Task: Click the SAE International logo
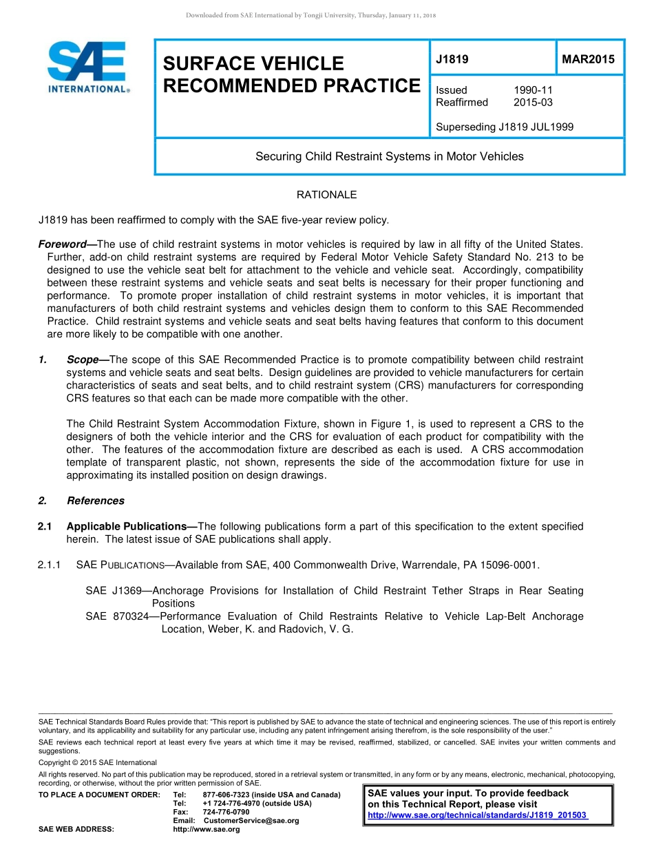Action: (x=87, y=67)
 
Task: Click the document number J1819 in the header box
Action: (x=452, y=59)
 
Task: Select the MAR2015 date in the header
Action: (x=588, y=59)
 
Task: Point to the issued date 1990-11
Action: (x=533, y=90)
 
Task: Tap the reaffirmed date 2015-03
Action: (x=533, y=103)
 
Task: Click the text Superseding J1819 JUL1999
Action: (x=505, y=127)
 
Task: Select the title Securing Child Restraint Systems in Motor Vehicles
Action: (x=389, y=156)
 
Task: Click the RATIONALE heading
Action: (x=326, y=195)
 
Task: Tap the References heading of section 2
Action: (x=96, y=501)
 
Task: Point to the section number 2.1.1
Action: (x=50, y=565)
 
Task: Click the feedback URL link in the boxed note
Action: (x=477, y=815)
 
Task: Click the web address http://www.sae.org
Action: (x=207, y=829)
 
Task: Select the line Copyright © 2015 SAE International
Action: (x=98, y=762)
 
